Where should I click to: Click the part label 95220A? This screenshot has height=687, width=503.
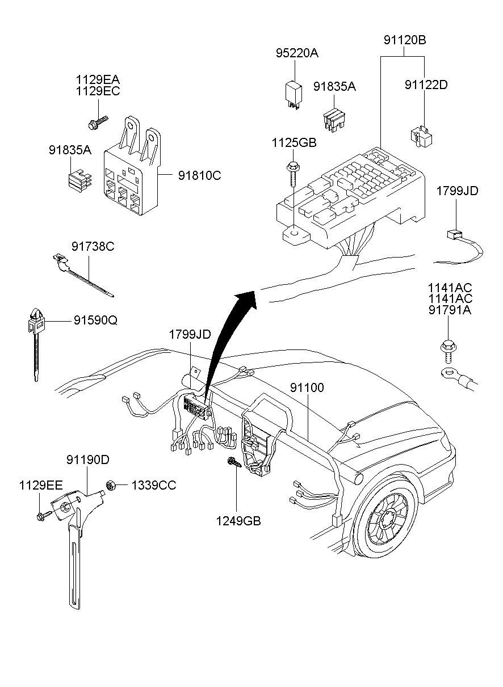tap(297, 53)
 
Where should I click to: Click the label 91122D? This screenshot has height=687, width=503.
tap(426, 85)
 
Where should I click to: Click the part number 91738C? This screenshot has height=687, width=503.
tap(93, 247)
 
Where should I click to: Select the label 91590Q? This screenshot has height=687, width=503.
tap(95, 320)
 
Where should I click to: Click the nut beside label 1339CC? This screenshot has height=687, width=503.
tap(111, 485)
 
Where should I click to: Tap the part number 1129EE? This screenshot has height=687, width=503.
tap(40, 485)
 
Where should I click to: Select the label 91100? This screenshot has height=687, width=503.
tap(307, 388)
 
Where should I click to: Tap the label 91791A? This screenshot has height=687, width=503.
tap(450, 310)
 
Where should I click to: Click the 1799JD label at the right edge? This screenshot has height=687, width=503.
tap(457, 191)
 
